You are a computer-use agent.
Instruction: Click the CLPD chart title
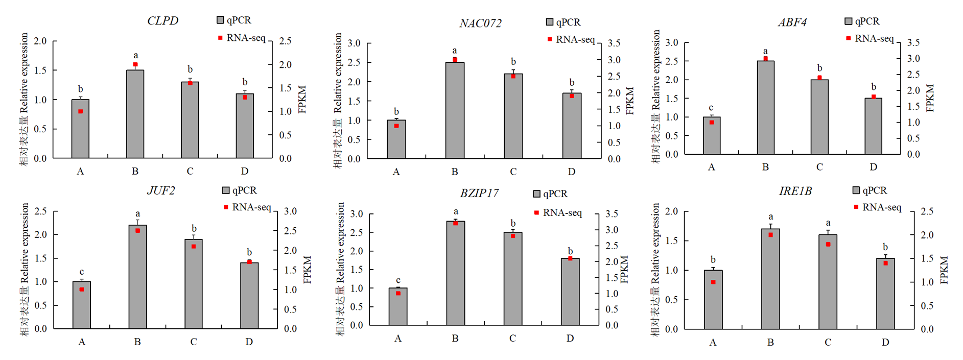162,21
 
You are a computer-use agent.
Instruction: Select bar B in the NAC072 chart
455,110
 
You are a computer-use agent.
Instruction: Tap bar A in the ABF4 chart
712,135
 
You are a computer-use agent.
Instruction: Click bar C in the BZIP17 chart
513,278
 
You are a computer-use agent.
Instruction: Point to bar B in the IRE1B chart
770,278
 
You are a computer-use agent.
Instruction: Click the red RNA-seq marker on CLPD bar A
81,111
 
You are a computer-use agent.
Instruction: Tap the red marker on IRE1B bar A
713,282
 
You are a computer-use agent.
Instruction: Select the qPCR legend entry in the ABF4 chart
862,21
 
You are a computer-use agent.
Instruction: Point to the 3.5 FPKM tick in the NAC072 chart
614,43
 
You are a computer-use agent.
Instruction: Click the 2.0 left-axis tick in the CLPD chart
40,41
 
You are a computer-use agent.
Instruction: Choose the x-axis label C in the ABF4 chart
819,167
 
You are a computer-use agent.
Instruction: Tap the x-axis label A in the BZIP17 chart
398,338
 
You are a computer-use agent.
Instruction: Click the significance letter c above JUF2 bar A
82,272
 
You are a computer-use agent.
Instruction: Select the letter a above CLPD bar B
135,55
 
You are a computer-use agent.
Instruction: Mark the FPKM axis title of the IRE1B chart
943,270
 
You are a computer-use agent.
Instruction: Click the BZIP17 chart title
479,194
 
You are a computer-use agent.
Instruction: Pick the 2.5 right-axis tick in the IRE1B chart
927,211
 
